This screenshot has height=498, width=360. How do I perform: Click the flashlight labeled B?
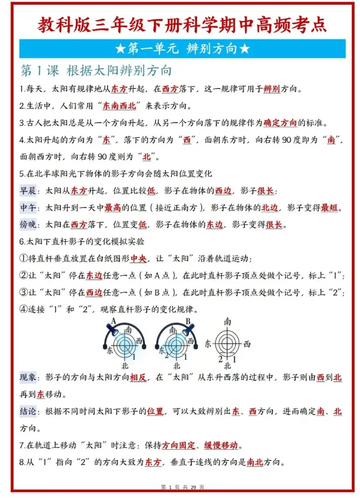[x=185, y=330]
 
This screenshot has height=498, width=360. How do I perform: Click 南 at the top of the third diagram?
[x=227, y=321]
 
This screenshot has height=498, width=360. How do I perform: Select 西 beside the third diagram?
[x=248, y=344]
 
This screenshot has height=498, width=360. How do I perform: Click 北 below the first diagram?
[x=125, y=366]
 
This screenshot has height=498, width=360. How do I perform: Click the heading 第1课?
[x=39, y=71]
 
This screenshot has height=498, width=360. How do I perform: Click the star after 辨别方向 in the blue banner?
[x=245, y=49]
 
